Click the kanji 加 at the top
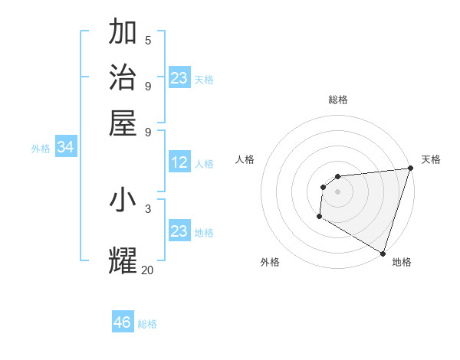[x=123, y=33]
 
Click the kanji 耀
[x=123, y=260]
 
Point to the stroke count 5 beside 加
[x=148, y=40]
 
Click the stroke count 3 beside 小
[x=148, y=208]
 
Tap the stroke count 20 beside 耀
[x=148, y=269]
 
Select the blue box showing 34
[x=65, y=148]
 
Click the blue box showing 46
[x=123, y=322]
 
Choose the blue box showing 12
[x=179, y=162]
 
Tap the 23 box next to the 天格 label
[x=179, y=78]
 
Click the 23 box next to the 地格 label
[x=179, y=231]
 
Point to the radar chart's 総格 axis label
[x=338, y=100]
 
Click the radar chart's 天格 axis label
[x=431, y=159]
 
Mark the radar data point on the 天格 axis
[x=410, y=169]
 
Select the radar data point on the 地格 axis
[x=383, y=253]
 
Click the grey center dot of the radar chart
[x=337, y=191]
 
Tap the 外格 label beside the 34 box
[x=41, y=149]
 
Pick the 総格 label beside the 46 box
[x=147, y=324]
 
